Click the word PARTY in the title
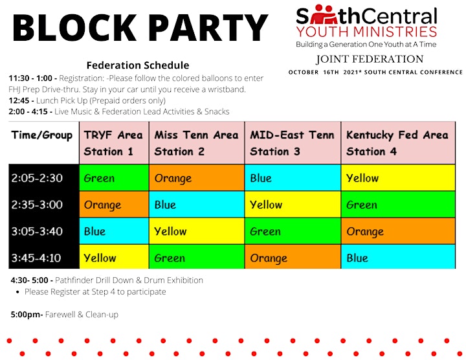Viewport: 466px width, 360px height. [208, 27]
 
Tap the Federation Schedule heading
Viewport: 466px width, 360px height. [138, 65]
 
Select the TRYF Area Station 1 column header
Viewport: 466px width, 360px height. [114, 142]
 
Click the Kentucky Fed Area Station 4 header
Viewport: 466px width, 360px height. [398, 142]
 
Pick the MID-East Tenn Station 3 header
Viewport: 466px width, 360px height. [293, 142]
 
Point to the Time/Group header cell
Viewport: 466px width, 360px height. [42, 135]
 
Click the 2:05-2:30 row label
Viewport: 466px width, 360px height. [37, 178]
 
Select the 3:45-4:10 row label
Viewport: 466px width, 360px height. [36, 258]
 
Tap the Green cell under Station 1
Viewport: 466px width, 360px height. [114, 177]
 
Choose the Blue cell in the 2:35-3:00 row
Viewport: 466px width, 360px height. [197, 204]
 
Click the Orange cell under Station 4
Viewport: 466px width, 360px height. [398, 231]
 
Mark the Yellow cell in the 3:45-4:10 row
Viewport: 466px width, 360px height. [114, 256]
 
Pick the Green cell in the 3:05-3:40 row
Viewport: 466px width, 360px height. [293, 231]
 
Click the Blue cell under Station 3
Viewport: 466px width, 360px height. [293, 177]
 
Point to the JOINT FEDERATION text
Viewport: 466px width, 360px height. [370, 59]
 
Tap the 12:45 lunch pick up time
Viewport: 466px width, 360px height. [19, 100]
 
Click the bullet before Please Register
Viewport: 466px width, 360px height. [18, 292]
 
